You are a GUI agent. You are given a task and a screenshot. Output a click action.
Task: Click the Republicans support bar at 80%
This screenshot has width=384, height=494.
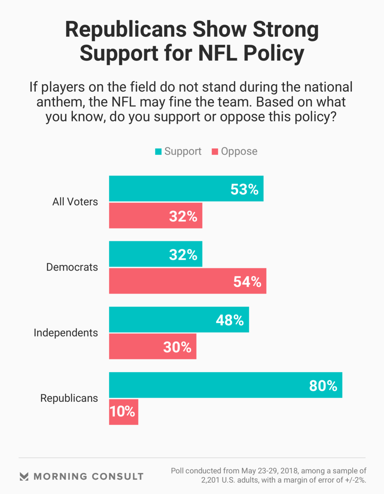coord(226,385)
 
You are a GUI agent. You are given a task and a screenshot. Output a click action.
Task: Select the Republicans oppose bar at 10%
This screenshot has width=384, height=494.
coord(124,412)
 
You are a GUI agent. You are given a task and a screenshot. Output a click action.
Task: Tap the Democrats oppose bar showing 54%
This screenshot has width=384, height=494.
coord(188,281)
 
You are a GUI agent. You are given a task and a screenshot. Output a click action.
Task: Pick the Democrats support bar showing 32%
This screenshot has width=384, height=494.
coord(156,254)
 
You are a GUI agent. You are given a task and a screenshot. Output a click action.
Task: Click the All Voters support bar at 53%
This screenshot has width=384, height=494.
coord(186,189)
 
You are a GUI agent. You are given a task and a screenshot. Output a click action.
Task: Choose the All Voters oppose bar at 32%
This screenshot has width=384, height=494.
coord(156,215)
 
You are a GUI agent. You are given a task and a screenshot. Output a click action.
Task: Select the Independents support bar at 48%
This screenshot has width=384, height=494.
coord(179,320)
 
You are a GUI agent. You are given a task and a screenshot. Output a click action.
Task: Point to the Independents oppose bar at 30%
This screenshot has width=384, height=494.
coord(153,346)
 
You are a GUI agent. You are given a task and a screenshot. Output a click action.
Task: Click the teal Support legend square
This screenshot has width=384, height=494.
coord(158,152)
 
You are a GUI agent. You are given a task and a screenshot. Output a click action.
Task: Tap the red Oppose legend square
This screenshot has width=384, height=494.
coord(215,152)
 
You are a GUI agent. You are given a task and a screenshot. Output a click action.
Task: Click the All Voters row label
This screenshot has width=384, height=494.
coord(75,202)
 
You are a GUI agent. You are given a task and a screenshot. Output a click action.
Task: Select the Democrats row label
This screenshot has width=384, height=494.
coord(72,267)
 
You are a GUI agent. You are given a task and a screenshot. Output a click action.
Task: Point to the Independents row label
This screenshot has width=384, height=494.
coord(66,333)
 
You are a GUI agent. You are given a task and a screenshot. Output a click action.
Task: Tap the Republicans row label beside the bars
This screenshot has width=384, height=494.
coord(69,398)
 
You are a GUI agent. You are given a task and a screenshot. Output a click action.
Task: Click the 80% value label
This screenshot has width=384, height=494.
coord(323,386)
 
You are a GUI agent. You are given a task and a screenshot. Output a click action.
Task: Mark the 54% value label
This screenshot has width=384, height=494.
coord(247,282)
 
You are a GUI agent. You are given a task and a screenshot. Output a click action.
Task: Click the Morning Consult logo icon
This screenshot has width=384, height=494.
coord(24,476)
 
